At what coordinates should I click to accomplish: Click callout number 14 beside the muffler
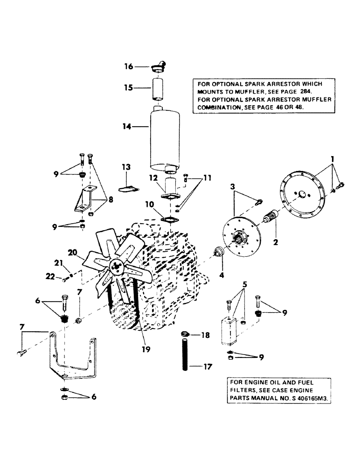pos(125,126)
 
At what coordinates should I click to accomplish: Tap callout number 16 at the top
pos(128,67)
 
